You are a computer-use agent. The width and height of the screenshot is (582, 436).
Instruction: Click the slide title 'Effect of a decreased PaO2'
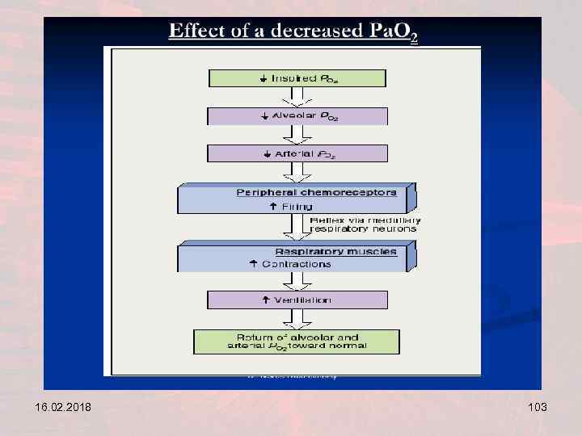click(293, 33)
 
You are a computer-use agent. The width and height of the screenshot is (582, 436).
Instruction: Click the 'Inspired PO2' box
click(297, 78)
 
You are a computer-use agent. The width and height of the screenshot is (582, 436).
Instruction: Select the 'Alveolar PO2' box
click(297, 116)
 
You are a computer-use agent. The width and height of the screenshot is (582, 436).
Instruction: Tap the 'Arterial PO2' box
click(297, 153)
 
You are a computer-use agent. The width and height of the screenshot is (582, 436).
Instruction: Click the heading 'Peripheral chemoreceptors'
click(316, 192)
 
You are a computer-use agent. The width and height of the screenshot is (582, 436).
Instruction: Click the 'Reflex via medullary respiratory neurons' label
click(365, 224)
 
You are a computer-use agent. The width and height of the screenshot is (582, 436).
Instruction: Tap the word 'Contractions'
click(296, 264)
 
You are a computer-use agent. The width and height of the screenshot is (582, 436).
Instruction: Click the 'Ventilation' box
click(297, 300)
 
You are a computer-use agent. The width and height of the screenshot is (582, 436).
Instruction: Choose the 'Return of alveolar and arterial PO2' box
click(297, 342)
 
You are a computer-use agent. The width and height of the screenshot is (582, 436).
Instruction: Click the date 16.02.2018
click(53, 408)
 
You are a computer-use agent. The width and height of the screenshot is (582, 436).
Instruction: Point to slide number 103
click(535, 408)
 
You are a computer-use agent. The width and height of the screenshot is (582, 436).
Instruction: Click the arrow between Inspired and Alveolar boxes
click(297, 97)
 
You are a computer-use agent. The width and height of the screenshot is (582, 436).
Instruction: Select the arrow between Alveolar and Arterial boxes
click(297, 135)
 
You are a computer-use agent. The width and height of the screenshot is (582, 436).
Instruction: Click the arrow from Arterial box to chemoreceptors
click(297, 173)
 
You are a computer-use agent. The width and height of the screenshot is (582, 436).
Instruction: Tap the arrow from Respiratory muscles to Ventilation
click(297, 281)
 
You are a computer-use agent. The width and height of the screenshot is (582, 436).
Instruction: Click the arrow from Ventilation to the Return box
click(297, 319)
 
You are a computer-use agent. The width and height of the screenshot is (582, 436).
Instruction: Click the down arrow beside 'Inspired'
click(264, 78)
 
